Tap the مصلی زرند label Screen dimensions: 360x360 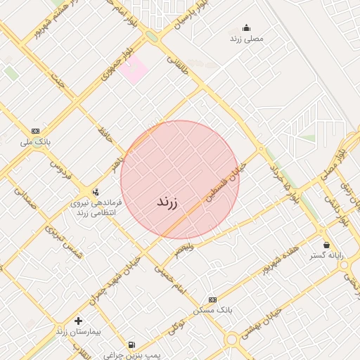[x=246, y=39]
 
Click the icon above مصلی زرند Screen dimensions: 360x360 [x=246, y=28]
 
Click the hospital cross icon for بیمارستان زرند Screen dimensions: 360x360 [x=78, y=321]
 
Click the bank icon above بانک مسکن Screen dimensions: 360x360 [x=213, y=300]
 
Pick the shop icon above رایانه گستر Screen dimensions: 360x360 [x=326, y=245]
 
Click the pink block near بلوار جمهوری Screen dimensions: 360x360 [x=132, y=68]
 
